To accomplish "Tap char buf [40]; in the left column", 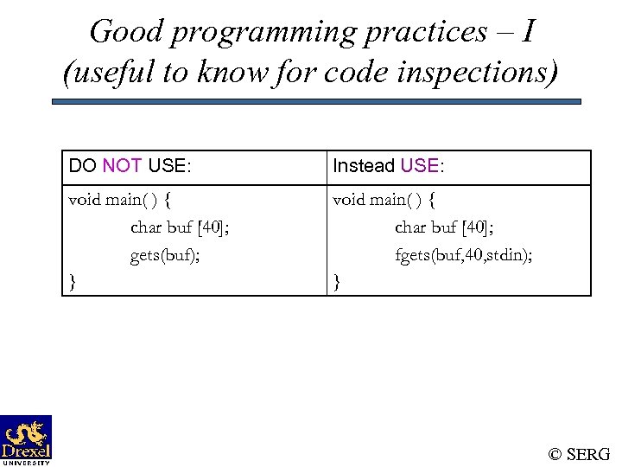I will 180,227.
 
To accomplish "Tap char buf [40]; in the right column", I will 444,227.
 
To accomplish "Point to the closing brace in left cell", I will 73,281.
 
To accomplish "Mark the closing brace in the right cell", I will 337,281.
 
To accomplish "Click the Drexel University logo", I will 26,439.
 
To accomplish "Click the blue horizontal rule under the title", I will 316,101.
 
